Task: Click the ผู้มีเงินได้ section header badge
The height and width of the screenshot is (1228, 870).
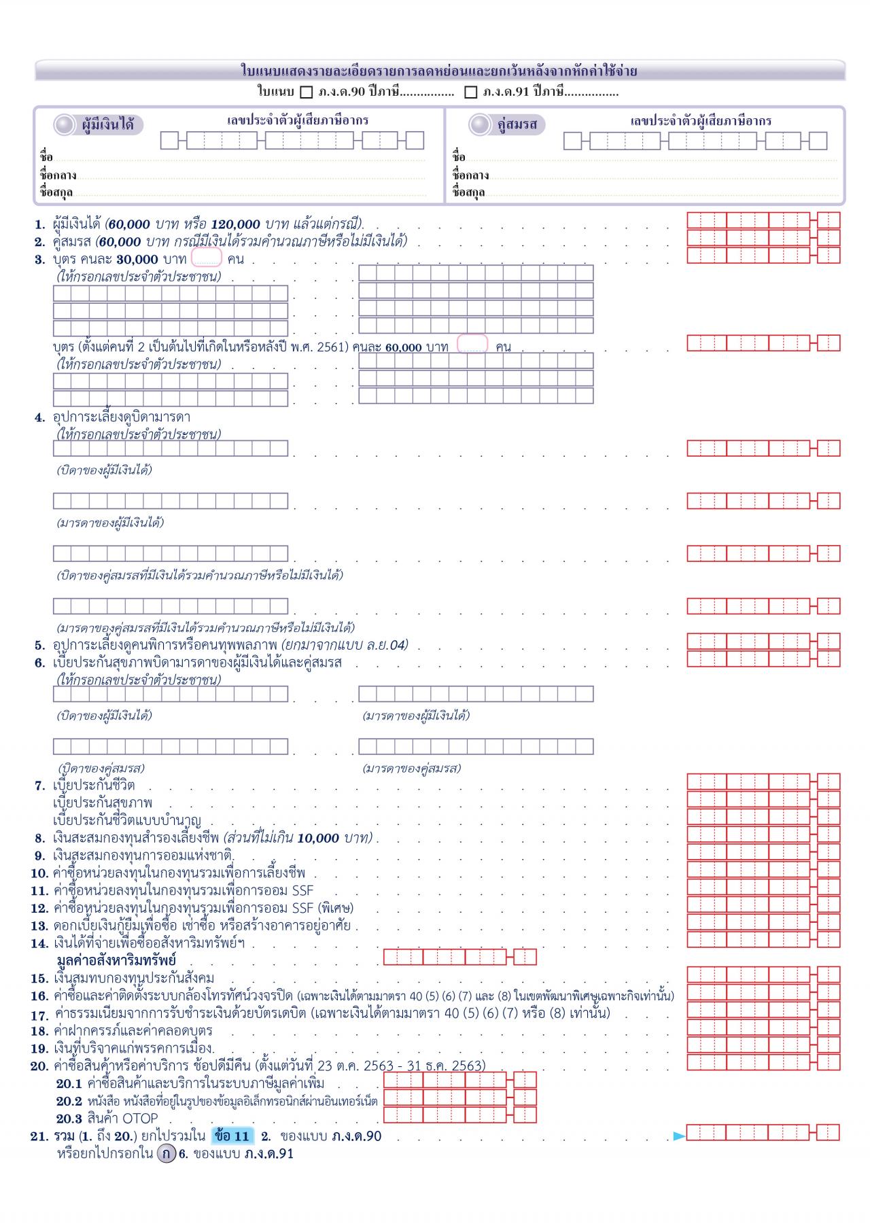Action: tap(99, 125)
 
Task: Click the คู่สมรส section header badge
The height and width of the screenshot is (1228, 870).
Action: tap(507, 125)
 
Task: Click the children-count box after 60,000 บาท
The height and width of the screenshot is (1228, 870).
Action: tap(472, 345)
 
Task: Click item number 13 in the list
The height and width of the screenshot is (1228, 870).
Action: tap(39, 926)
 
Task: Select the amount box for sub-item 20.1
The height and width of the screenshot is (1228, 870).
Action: tap(459, 1081)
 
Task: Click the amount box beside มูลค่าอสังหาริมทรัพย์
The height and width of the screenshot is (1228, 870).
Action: tap(459, 958)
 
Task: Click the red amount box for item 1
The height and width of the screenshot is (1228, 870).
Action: tap(763, 220)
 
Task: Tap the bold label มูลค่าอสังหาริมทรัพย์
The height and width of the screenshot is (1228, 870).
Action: tap(116, 961)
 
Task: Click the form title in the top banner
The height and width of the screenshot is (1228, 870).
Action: tap(439, 71)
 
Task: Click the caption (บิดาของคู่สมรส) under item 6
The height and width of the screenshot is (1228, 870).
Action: tap(101, 769)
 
